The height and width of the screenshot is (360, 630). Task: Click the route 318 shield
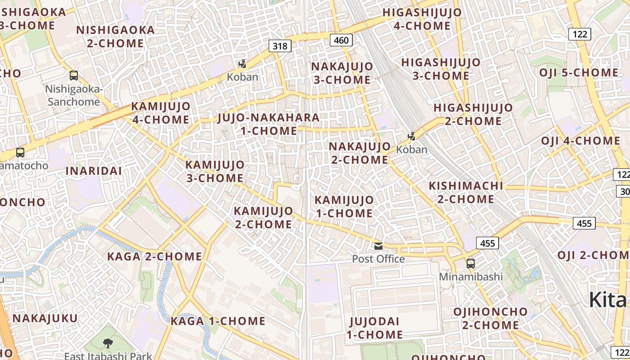click(x=280, y=45)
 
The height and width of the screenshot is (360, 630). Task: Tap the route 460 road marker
click(x=341, y=40)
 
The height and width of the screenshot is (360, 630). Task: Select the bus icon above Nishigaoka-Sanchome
click(x=74, y=76)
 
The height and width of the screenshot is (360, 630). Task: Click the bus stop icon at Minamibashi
click(x=471, y=263)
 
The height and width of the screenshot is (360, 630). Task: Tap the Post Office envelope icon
click(x=378, y=246)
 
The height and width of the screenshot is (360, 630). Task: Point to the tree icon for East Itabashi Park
click(x=108, y=344)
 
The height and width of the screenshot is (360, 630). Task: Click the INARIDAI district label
click(x=94, y=171)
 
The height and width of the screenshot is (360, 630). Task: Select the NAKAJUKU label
click(x=45, y=318)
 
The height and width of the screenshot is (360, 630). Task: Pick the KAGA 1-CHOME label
click(x=218, y=321)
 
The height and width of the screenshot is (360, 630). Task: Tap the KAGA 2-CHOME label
click(x=154, y=256)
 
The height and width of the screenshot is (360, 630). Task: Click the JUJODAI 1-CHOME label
click(x=375, y=328)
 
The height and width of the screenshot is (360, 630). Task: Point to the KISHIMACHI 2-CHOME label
click(x=466, y=192)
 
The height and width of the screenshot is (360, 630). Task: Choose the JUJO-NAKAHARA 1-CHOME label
click(x=269, y=124)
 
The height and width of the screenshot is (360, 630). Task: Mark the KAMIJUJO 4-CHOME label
click(x=160, y=113)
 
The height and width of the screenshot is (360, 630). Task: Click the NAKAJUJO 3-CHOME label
click(x=342, y=73)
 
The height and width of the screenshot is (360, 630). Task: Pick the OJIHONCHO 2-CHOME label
click(x=490, y=318)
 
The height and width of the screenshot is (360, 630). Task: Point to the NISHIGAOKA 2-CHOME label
click(x=115, y=36)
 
